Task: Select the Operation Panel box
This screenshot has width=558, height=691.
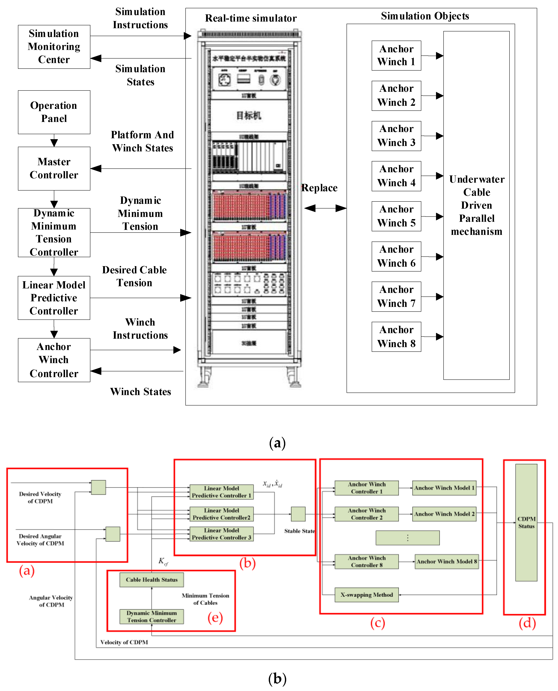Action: coord(54,112)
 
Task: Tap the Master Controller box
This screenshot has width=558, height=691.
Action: coord(54,168)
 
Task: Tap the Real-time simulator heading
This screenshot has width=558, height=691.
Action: coord(251,18)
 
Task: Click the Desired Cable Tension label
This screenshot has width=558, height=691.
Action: coord(134,276)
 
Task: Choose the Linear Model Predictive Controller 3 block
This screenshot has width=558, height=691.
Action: coord(222,534)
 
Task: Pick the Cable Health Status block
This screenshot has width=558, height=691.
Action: coord(151,579)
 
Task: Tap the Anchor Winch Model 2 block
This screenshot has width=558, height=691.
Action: coord(444,514)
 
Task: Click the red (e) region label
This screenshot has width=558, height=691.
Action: coord(215,617)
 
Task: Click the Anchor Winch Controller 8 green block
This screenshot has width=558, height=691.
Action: coord(366,562)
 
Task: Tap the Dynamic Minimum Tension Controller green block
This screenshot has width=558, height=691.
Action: coord(151,616)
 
